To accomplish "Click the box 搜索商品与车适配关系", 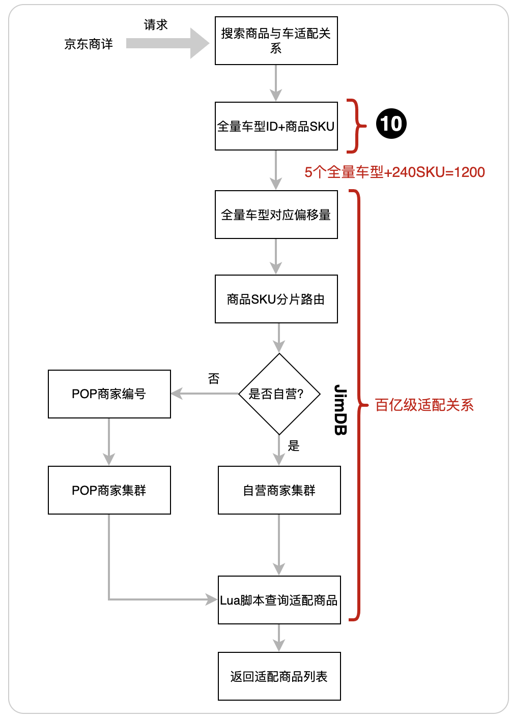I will (276, 41).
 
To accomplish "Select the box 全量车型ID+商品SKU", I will (276, 126).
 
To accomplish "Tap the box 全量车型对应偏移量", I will (276, 215).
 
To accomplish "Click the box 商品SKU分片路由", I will (276, 299).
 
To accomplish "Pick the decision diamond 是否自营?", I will (279, 394).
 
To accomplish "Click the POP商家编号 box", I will (109, 394).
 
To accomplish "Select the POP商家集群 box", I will (109, 490).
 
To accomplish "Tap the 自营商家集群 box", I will (279, 490).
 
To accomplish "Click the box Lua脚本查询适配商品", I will (279, 600).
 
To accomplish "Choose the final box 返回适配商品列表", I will (279, 676).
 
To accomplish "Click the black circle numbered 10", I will (391, 124).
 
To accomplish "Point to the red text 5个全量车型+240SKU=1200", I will (394, 172).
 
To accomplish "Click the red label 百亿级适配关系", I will (424, 405).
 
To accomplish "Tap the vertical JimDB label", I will (341, 410).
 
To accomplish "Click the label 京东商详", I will (89, 44).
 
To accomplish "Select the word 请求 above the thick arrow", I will (156, 25).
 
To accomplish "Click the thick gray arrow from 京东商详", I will (167, 43).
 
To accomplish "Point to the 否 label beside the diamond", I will (214, 379).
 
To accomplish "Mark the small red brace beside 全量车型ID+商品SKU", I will (357, 126).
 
